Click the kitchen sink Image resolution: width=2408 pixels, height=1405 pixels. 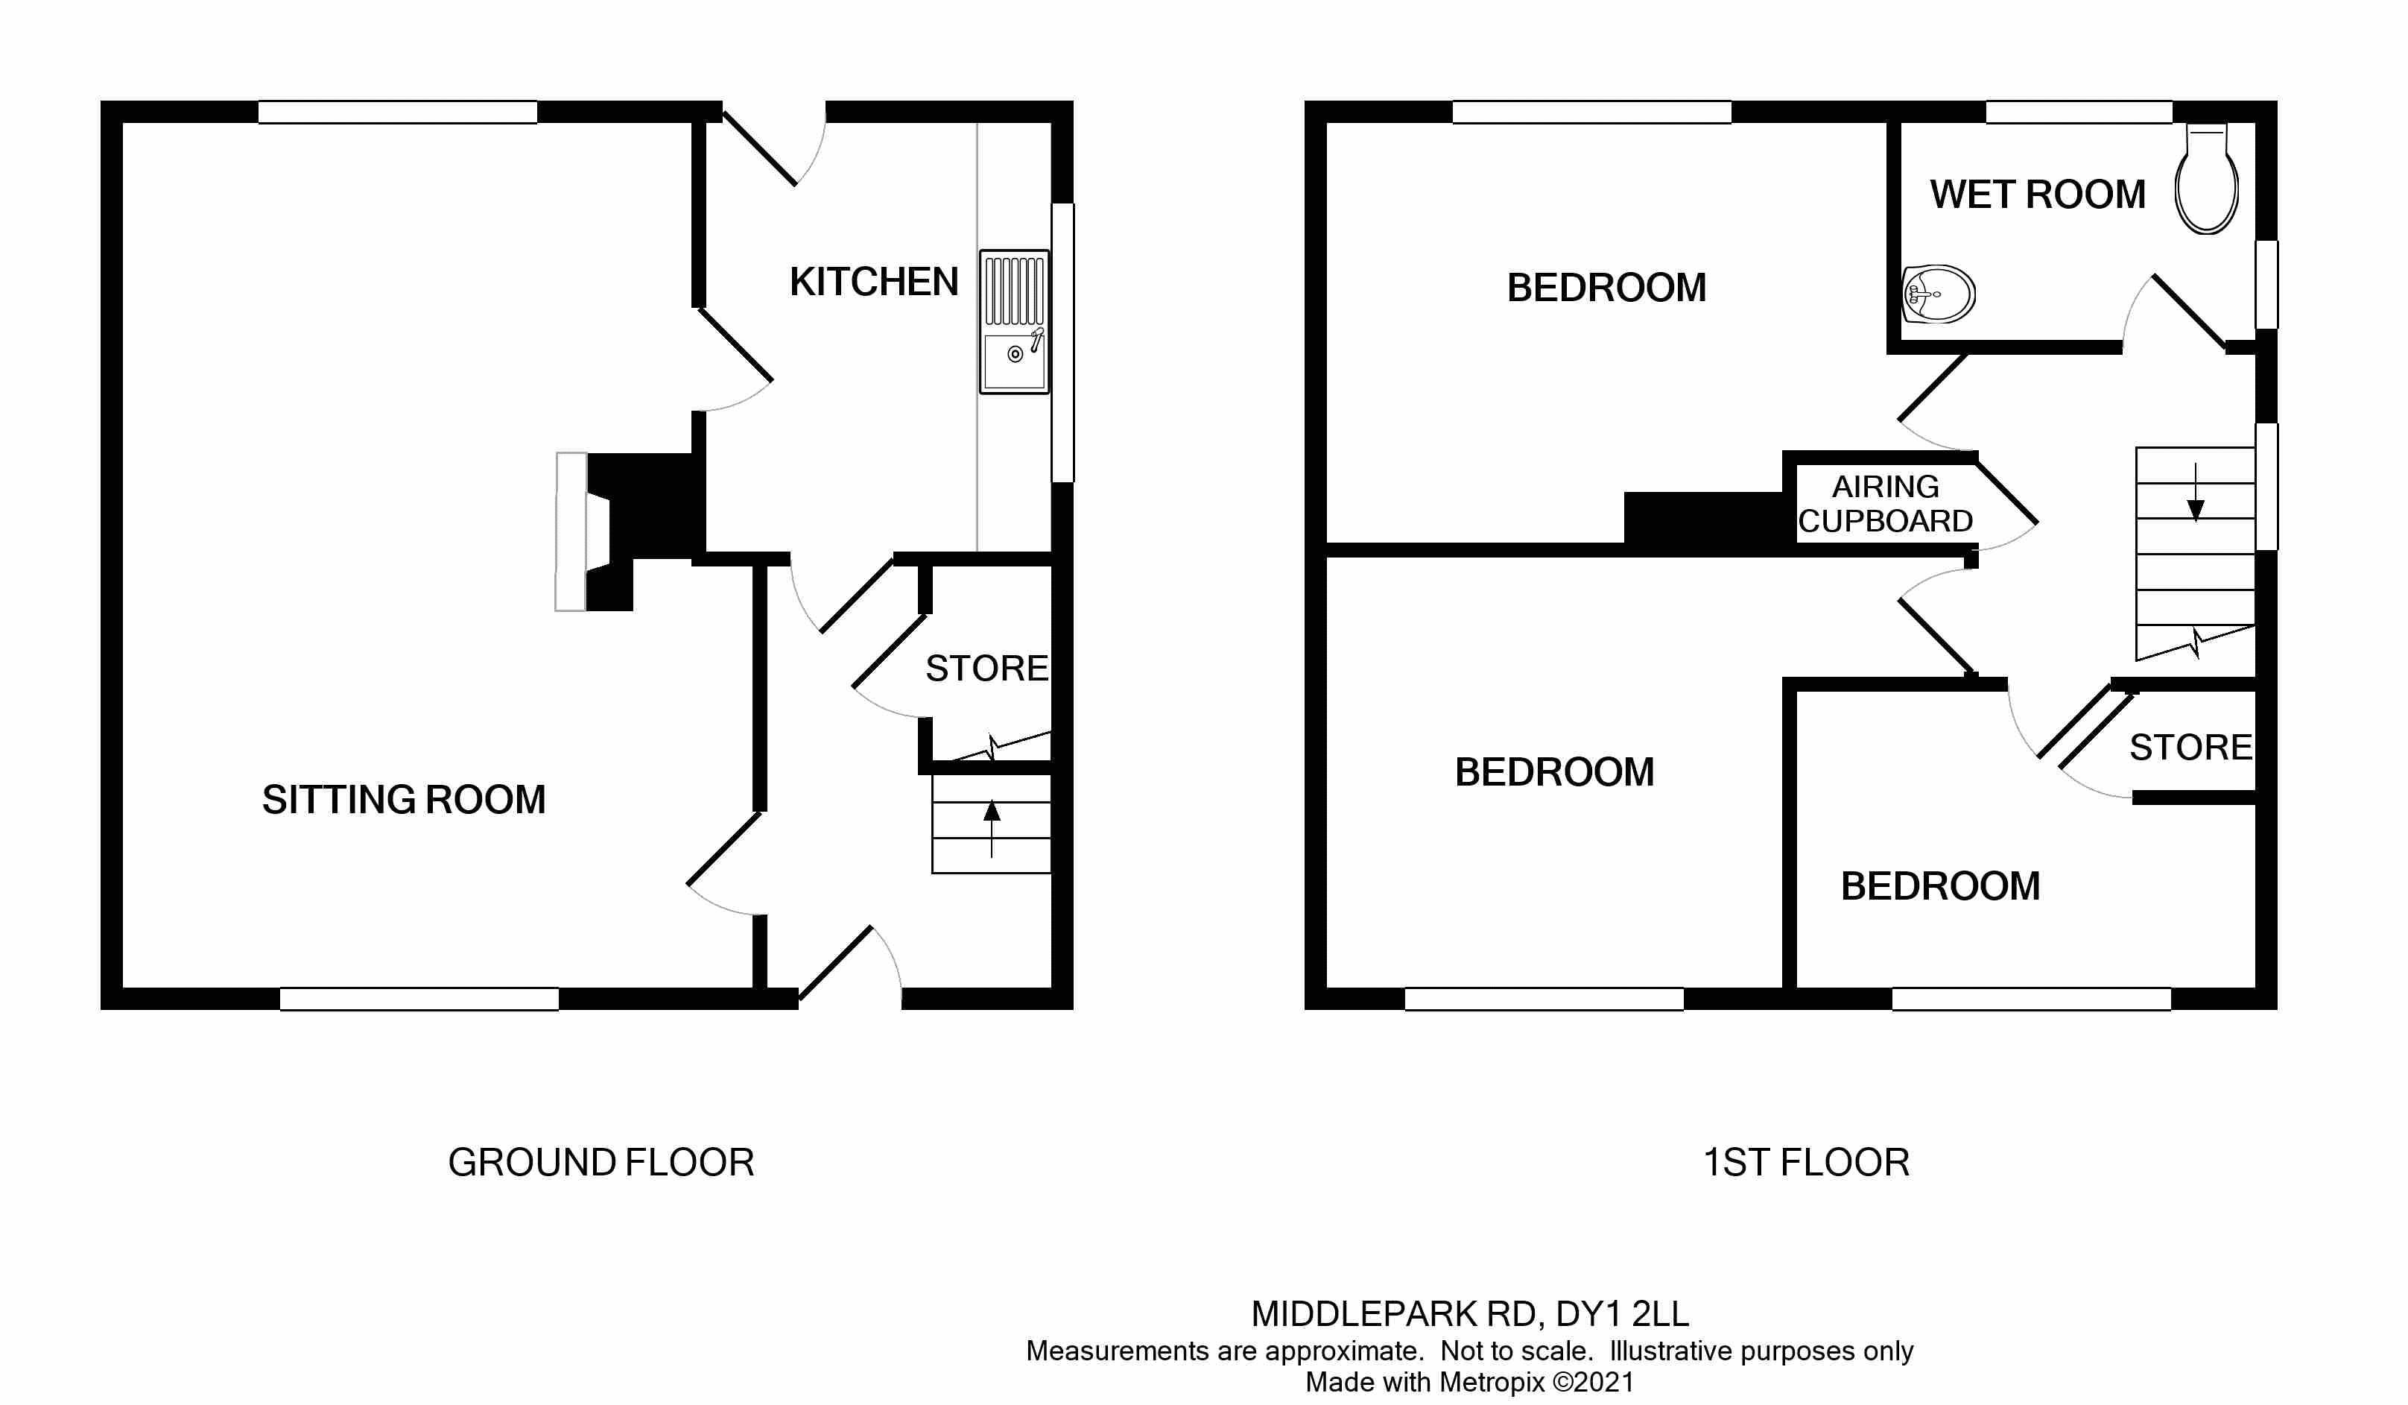1014,321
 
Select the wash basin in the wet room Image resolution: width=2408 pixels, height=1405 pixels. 1938,294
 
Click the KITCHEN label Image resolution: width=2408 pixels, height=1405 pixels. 873,282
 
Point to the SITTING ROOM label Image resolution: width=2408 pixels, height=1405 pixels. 403,799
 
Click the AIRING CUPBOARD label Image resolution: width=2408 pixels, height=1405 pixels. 1884,504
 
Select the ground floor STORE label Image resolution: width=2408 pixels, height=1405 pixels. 986,668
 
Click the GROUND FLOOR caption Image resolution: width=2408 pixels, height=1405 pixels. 601,1162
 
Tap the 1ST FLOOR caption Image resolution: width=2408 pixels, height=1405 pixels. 1806,1162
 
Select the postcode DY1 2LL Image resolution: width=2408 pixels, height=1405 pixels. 1621,1314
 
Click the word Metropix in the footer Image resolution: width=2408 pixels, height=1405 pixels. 1492,1382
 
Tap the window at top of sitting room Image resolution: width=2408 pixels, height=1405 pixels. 398,112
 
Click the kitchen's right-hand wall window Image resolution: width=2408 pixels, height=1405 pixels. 1062,341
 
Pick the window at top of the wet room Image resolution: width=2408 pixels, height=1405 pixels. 2079,112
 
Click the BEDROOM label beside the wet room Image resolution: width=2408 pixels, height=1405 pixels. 1606,288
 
